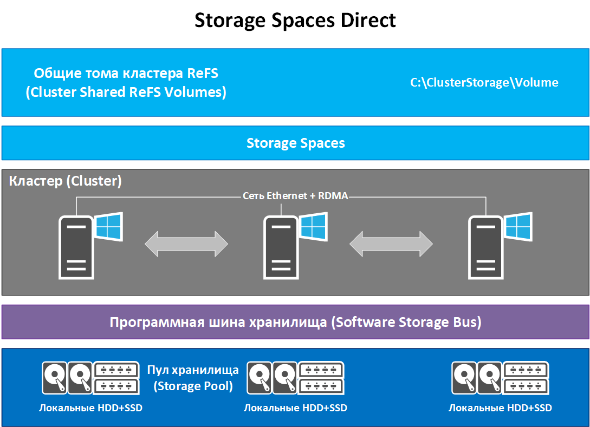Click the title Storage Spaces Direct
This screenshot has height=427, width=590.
point(295,21)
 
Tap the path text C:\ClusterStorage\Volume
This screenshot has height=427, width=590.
point(484,83)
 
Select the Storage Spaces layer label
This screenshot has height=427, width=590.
point(295,143)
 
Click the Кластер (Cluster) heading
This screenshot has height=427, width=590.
point(65,181)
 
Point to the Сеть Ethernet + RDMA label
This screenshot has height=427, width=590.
point(295,196)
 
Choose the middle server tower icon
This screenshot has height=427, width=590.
point(281,247)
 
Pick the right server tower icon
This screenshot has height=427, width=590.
point(485,247)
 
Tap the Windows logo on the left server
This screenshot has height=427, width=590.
point(109,226)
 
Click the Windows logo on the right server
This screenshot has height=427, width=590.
point(518,226)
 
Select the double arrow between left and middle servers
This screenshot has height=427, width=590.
point(186,244)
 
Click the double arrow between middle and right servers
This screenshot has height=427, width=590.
point(391,244)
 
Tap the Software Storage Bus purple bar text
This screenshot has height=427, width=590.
point(295,323)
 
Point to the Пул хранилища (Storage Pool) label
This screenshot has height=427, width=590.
point(193,378)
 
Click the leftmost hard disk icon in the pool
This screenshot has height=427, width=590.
point(54,378)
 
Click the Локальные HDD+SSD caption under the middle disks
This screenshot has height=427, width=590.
point(295,408)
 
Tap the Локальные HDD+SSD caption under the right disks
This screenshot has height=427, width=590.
point(500,408)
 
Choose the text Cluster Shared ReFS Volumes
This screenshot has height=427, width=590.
point(126,93)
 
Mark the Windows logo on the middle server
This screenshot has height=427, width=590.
point(314,226)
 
